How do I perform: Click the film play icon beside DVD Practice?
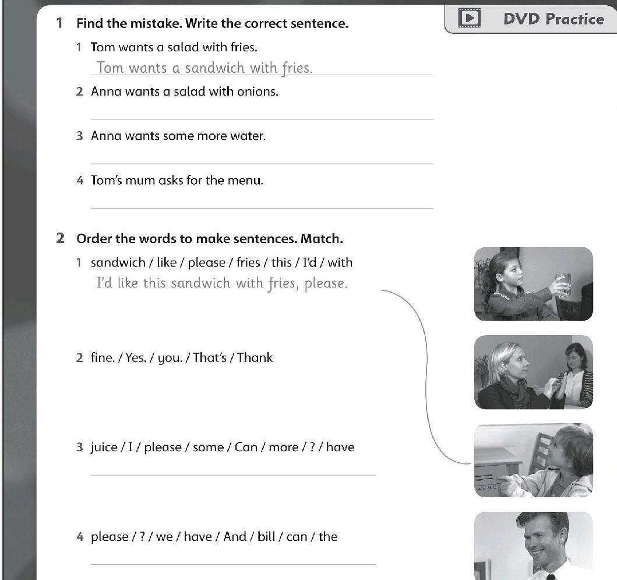[x=470, y=18]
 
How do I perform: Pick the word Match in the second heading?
[x=322, y=238]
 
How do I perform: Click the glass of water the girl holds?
[x=563, y=284]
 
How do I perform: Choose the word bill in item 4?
[x=266, y=536]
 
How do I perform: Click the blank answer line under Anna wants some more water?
[x=262, y=163]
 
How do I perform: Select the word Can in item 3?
[x=246, y=447]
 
